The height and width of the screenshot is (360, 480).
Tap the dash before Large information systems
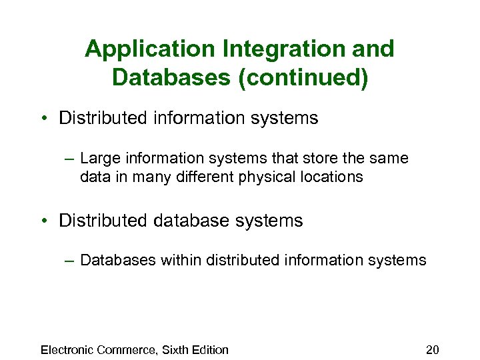pos(69,159)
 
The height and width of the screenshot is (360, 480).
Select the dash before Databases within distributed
pos(69,261)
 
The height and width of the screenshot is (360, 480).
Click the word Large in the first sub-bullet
pos(97,159)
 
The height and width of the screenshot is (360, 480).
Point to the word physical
pos(267,177)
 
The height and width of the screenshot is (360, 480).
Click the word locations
pos(329,177)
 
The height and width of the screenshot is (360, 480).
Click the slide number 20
pos(433,349)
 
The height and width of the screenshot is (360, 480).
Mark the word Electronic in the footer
pos(67,349)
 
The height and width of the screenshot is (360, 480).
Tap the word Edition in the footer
pos(211,349)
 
